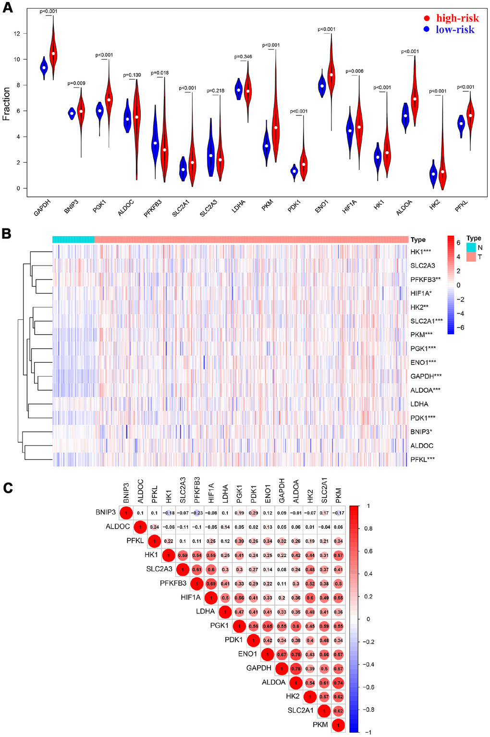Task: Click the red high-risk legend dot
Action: click(x=427, y=18)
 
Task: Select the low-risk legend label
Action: click(x=455, y=30)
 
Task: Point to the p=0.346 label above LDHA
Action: click(x=243, y=57)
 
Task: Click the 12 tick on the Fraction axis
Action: click(x=17, y=34)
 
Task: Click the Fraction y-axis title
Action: click(x=6, y=104)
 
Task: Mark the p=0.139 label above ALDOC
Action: click(x=132, y=75)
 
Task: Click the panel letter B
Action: click(x=7, y=234)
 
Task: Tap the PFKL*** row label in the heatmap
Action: click(x=422, y=459)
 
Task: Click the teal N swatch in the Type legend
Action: click(x=470, y=247)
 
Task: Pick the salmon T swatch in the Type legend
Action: click(x=470, y=257)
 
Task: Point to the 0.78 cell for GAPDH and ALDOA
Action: click(x=296, y=668)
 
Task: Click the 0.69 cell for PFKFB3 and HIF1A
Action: click(x=211, y=584)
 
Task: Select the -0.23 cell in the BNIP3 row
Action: click(x=196, y=513)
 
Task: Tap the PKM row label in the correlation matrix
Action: click(x=320, y=724)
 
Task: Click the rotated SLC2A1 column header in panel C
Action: click(x=324, y=490)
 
